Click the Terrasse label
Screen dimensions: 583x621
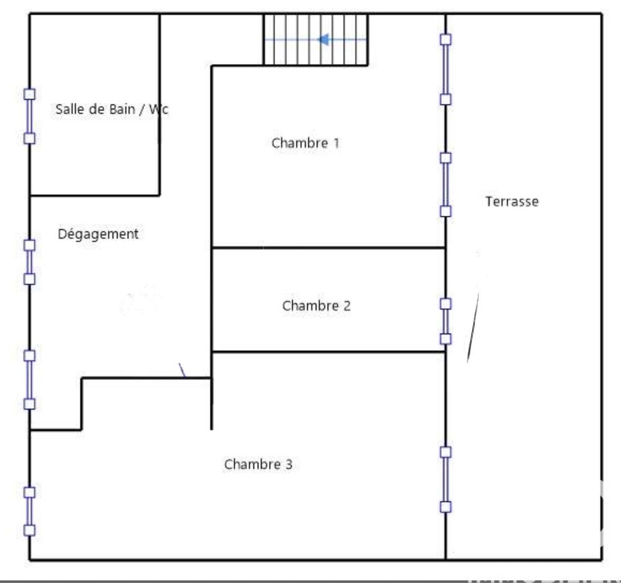click(512, 201)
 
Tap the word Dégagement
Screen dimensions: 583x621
click(98, 234)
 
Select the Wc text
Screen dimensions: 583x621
click(159, 109)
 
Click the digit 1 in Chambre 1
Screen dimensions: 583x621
click(336, 143)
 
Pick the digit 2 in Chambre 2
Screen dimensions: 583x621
click(347, 306)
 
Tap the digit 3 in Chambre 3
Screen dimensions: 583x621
click(289, 464)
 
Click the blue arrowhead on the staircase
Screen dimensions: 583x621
click(323, 40)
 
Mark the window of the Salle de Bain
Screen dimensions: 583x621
click(29, 116)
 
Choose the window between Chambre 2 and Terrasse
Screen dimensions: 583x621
click(445, 321)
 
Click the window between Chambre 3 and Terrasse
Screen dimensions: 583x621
click(445, 479)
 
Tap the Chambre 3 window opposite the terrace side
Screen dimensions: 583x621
click(29, 511)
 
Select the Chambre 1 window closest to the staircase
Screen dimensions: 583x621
click(445, 69)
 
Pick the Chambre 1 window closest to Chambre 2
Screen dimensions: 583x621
click(445, 185)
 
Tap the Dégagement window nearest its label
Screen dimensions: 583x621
click(29, 262)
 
